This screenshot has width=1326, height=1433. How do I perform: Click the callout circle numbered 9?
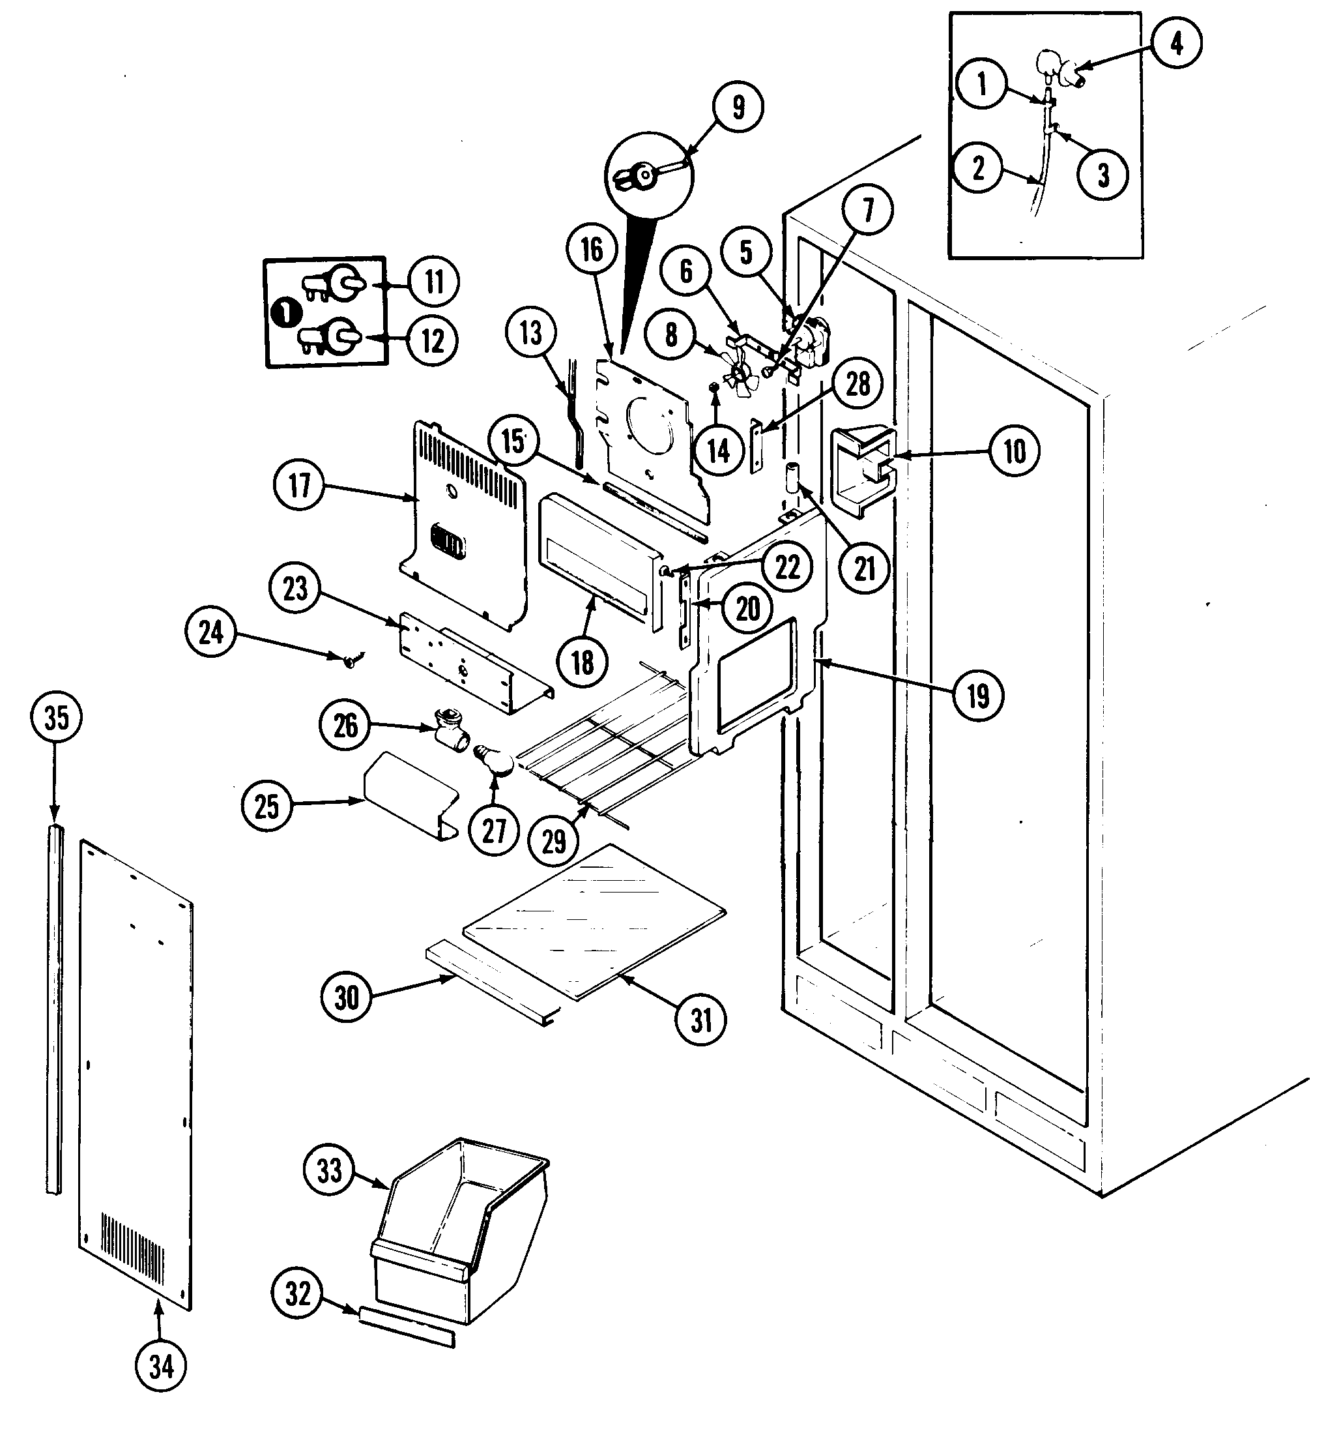(x=738, y=107)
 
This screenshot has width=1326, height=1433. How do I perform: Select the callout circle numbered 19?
(x=978, y=695)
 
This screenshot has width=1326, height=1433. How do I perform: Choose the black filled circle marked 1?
(x=286, y=313)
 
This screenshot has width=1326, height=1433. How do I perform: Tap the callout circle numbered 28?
(x=858, y=384)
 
